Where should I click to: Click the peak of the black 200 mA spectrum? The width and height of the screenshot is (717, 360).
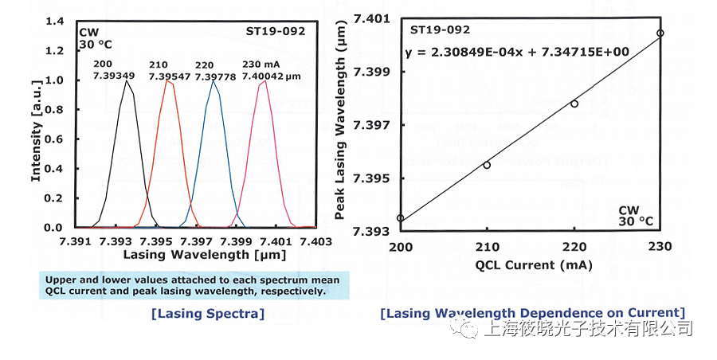(125, 80)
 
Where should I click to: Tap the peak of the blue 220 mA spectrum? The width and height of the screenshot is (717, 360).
(213, 80)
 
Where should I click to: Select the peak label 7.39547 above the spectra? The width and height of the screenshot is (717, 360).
(168, 76)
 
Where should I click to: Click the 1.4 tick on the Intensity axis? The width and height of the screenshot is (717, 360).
(54, 22)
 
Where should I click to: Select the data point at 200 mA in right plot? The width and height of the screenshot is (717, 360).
(400, 218)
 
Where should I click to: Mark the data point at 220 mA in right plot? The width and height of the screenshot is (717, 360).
(574, 104)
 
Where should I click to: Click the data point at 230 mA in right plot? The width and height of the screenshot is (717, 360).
(660, 33)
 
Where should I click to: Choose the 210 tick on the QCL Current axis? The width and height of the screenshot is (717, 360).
(487, 246)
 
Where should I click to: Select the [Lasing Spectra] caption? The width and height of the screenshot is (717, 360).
(207, 314)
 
